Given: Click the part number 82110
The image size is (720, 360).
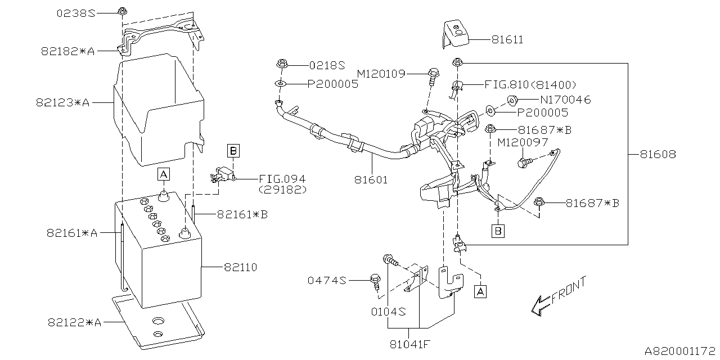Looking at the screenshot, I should (240, 267).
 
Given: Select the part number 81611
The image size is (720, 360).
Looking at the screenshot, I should (507, 40).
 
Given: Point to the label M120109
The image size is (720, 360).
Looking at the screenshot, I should (381, 74).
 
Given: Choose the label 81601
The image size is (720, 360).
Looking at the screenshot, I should (371, 181).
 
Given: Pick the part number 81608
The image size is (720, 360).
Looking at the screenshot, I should (657, 154).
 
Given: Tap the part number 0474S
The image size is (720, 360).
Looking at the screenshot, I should (327, 280).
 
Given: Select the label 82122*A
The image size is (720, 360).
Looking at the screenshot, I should (74, 322).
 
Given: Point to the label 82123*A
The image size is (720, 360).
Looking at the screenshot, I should (62, 103).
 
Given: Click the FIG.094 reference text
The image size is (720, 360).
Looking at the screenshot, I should (282, 179).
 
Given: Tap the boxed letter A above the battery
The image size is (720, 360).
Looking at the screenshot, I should (163, 174).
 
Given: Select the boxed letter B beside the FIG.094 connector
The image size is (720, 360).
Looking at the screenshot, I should (233, 150).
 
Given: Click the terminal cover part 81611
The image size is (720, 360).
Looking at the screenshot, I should (456, 34).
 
